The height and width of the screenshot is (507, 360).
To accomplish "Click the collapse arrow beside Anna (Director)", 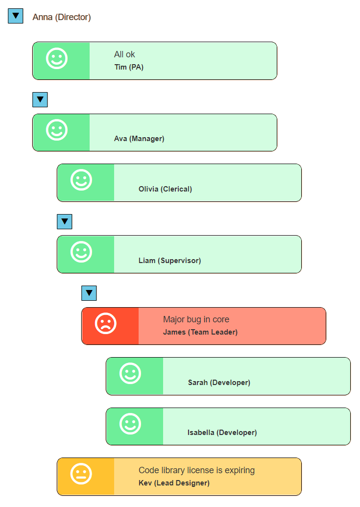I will click(16, 16).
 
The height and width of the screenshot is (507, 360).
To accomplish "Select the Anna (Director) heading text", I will click(62, 17).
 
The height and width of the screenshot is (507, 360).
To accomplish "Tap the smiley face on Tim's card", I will click(57, 59).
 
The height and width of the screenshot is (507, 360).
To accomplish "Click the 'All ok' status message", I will click(124, 54).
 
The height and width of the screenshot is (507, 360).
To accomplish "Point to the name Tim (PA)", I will click(129, 67).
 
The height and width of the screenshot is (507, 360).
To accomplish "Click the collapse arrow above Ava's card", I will click(40, 99).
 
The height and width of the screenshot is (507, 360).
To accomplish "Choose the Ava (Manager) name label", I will click(139, 139).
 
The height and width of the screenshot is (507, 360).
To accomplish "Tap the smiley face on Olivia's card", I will click(81, 180).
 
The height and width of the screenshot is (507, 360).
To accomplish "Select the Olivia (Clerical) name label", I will click(165, 189).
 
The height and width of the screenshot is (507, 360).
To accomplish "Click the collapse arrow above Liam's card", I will click(65, 221).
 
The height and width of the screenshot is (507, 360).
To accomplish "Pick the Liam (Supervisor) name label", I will click(169, 261).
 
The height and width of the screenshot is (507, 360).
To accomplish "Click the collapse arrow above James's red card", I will click(89, 293).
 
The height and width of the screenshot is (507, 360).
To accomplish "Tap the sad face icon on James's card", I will click(106, 323).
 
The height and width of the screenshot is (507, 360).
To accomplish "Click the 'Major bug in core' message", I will click(196, 319).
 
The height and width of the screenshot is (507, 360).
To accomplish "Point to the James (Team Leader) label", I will click(200, 332).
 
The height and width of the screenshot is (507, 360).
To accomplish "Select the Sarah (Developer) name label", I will click(219, 383).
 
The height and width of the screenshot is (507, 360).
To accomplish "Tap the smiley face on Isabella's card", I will click(130, 424).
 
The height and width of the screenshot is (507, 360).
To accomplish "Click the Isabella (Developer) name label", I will click(222, 433).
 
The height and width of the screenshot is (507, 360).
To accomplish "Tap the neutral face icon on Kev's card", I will click(81, 474).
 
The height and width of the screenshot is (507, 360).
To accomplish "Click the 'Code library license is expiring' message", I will click(196, 470).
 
